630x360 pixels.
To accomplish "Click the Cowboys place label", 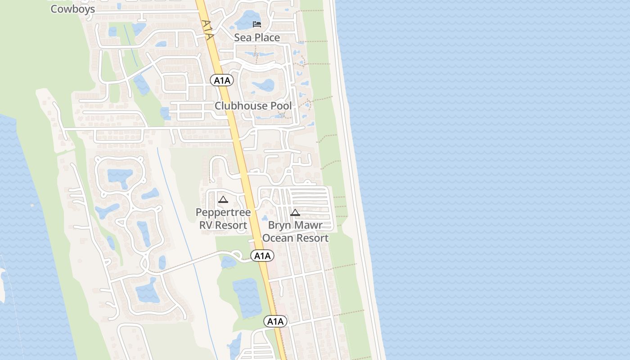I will click(x=72, y=9).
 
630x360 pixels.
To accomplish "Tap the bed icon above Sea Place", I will click(x=257, y=24).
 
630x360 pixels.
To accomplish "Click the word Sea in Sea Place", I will click(x=243, y=37).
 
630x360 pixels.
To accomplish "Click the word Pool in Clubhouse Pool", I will click(x=280, y=106).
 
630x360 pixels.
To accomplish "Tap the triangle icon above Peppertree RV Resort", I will click(x=223, y=199).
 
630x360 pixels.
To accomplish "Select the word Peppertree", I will click(x=223, y=212).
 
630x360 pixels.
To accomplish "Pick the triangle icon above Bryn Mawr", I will click(x=295, y=212).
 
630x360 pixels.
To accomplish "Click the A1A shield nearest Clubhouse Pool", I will click(x=222, y=81).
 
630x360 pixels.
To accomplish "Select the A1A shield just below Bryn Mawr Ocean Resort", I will click(x=262, y=256).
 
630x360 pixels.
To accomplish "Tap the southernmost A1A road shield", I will click(x=275, y=321).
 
